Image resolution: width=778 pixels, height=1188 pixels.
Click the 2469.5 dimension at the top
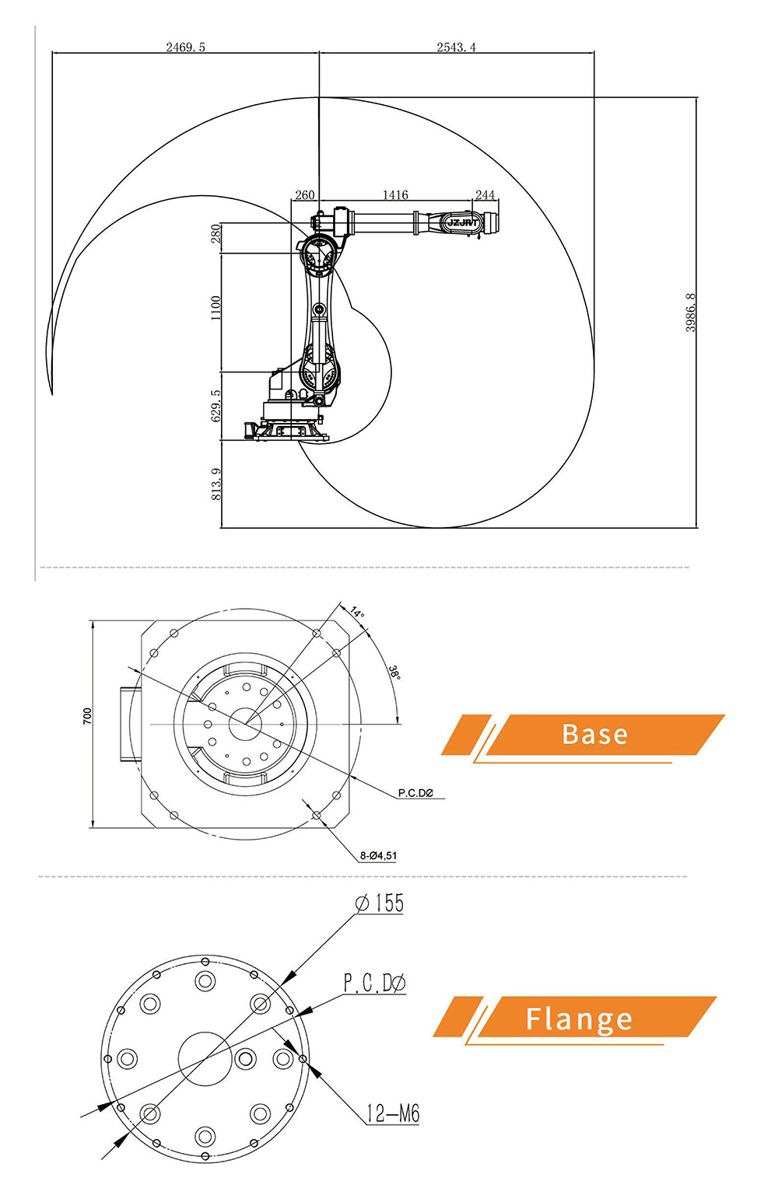[185, 47]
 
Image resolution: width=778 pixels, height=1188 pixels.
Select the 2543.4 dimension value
[456, 47]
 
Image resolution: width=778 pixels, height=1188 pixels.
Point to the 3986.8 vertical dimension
[691, 313]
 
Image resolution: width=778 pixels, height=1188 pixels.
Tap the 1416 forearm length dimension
[395, 195]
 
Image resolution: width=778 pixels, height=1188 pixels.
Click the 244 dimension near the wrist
[485, 195]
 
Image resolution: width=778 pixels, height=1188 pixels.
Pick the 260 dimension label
[305, 195]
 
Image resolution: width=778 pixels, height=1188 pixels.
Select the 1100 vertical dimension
[216, 308]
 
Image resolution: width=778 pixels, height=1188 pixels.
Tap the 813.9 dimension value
[216, 484]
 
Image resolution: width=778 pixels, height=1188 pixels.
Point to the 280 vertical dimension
[216, 234]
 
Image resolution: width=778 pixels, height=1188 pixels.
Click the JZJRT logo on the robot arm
[464, 222]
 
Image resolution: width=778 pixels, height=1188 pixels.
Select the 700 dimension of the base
[87, 716]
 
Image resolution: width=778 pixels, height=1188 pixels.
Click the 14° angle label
[356, 613]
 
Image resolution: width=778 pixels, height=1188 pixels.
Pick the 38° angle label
[394, 672]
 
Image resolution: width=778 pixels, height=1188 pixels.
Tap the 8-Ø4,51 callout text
[378, 856]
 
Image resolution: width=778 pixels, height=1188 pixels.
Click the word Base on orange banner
[594, 735]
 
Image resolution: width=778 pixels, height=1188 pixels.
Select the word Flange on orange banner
[579, 1019]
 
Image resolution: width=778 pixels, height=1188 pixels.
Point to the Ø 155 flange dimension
[380, 903]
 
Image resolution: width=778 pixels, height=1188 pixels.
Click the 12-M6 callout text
[393, 1114]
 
